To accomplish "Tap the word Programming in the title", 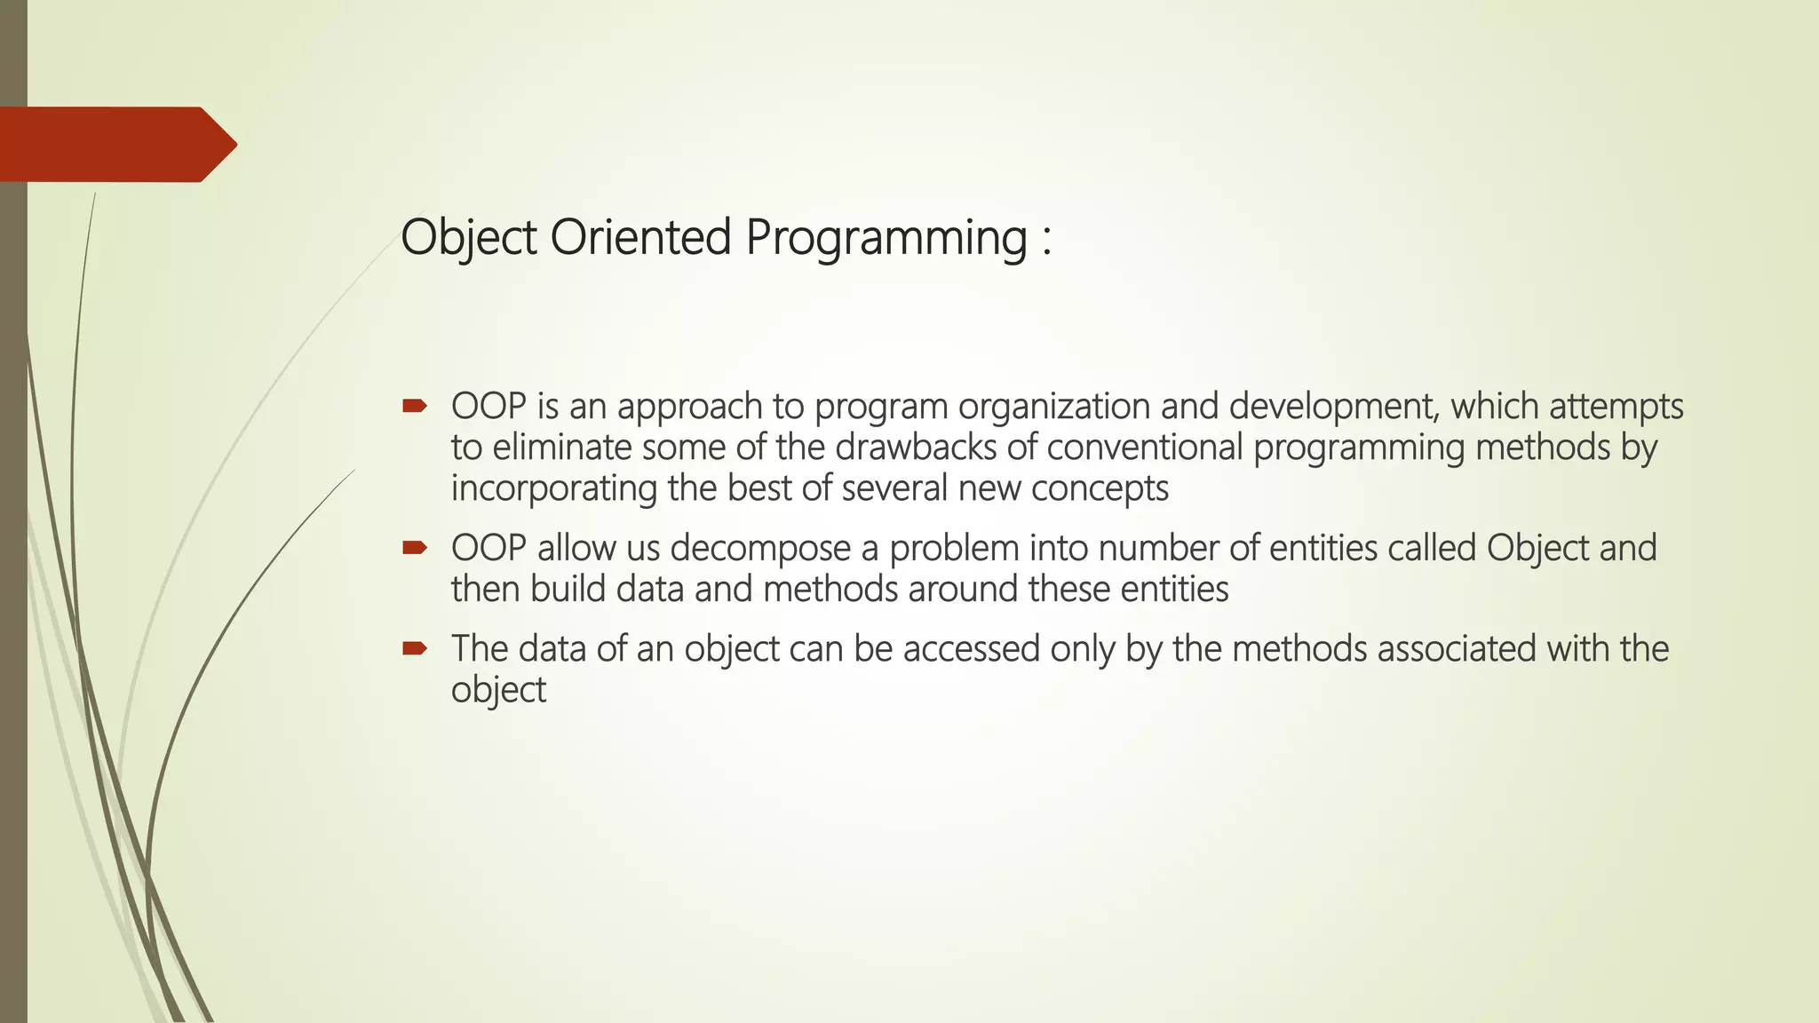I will click(886, 239).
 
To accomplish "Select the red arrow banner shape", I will click(115, 145).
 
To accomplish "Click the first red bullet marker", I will click(414, 407).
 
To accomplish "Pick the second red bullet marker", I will click(414, 548).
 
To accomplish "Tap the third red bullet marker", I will click(414, 649).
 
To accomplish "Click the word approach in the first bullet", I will click(689, 408).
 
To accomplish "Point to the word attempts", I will click(1616, 407).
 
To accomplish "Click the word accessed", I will click(971, 649).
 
